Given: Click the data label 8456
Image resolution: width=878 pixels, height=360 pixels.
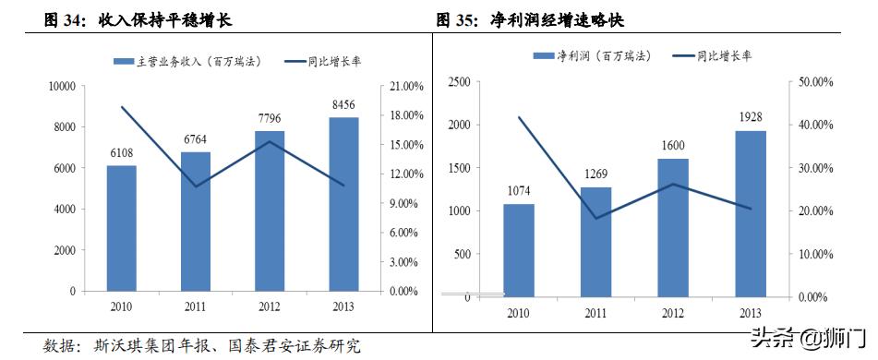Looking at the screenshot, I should point(343,105).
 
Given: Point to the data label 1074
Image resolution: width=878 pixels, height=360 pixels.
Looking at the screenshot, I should point(518,192).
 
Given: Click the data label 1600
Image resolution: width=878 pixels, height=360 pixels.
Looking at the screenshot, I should point(673,146).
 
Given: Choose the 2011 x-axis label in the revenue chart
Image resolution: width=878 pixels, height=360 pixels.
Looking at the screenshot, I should point(195,305).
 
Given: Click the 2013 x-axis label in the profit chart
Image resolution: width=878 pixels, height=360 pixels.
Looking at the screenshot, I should point(750,313).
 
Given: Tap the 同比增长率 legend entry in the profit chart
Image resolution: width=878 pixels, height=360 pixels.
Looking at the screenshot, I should point(715,56).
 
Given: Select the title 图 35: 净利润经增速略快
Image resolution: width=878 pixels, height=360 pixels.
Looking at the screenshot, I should point(535,19).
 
